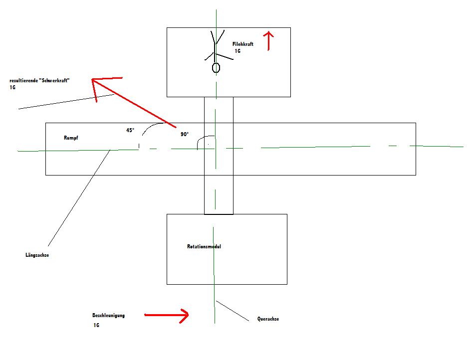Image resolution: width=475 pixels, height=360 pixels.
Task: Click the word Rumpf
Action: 72,137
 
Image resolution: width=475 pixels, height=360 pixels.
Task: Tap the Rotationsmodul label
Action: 204,247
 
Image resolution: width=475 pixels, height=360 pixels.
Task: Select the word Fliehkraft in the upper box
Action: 243,44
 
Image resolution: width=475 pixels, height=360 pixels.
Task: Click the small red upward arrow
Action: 269,40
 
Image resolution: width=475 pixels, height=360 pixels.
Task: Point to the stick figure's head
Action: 216,67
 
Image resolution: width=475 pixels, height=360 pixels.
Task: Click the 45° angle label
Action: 130,130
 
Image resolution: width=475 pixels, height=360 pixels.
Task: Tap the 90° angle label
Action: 185,134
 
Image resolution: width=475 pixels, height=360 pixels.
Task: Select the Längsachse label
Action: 37,255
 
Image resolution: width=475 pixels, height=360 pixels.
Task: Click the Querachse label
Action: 268,319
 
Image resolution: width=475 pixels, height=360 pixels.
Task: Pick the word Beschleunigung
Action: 108,316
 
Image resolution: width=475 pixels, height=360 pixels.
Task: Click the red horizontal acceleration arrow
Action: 166,315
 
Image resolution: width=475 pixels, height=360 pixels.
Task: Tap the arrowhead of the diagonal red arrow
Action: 98,82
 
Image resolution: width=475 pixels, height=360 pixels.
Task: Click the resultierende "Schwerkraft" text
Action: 39,80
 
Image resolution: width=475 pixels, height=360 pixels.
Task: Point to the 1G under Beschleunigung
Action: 96,325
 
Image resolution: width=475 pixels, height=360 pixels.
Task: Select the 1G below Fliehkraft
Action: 237,51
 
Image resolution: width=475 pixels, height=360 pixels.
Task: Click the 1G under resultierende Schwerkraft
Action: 12,87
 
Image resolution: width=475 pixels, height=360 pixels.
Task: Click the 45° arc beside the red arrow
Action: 150,127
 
